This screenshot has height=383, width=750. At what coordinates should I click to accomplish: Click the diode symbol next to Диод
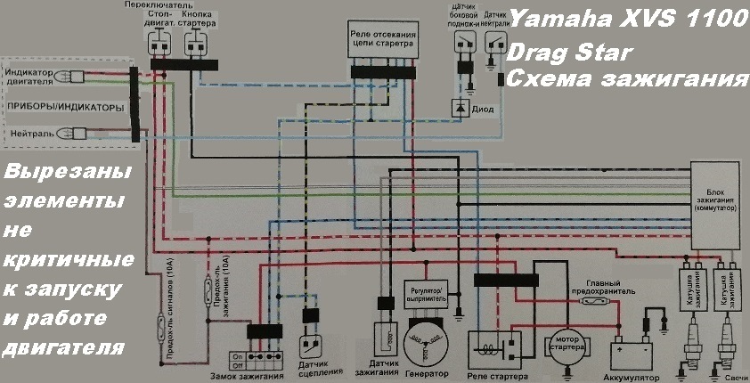(x=460, y=108)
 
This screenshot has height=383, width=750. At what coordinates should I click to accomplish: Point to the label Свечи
(x=736, y=377)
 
